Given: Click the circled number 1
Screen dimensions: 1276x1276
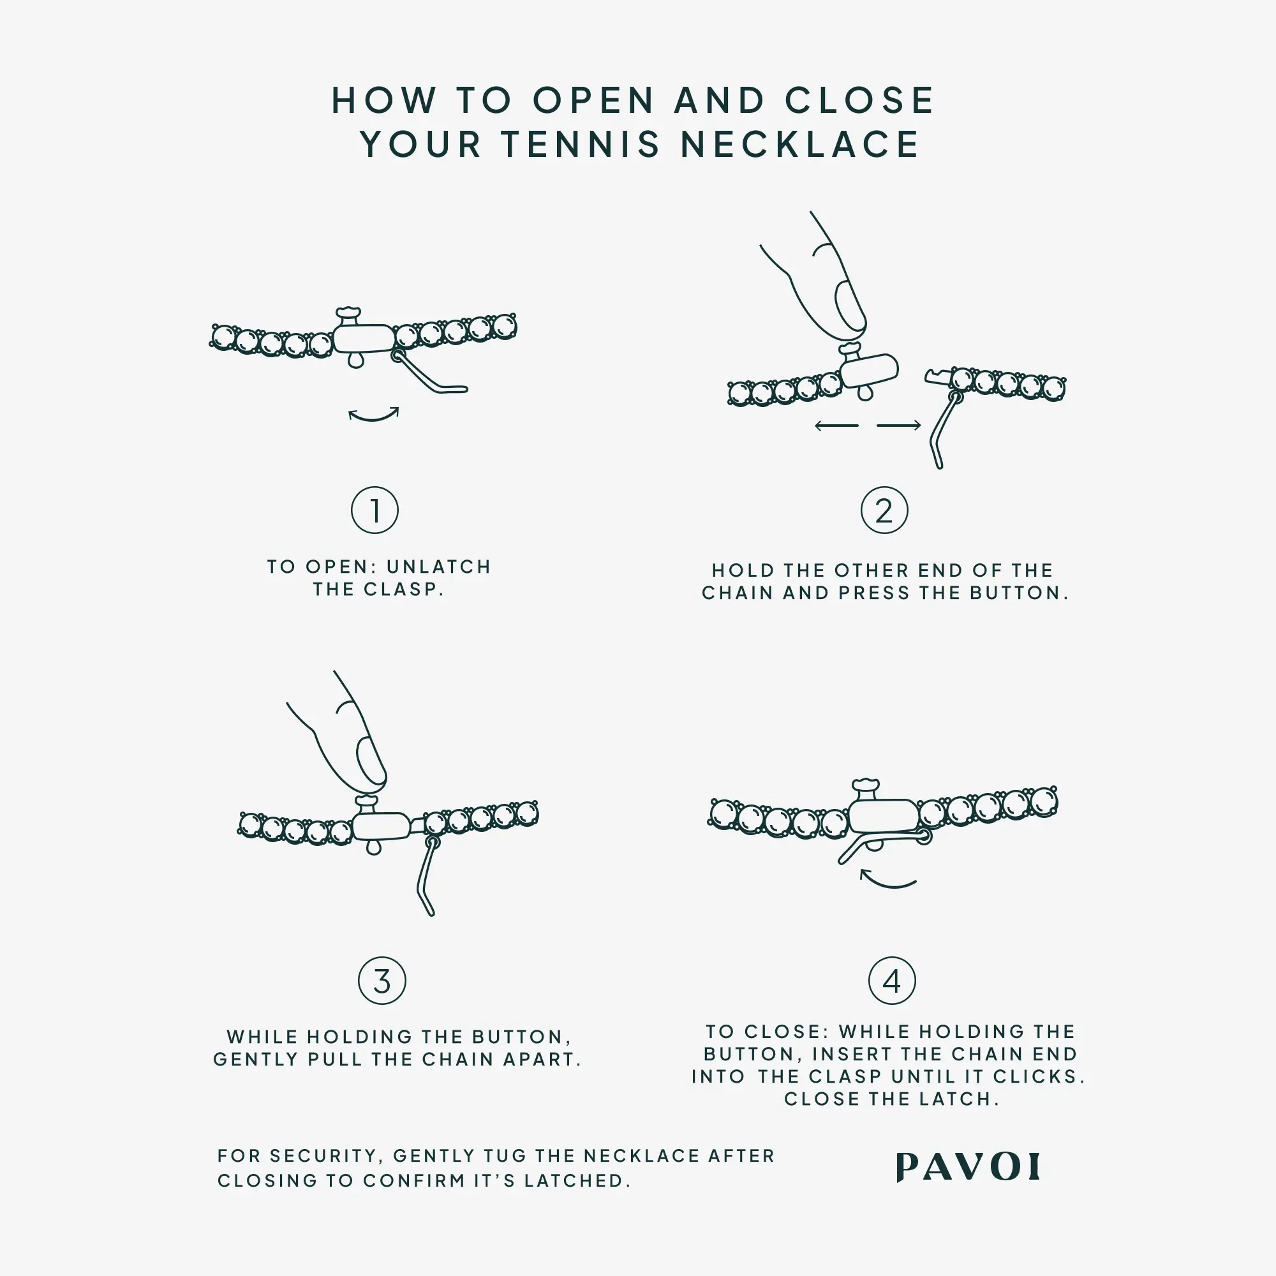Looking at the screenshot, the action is [375, 510].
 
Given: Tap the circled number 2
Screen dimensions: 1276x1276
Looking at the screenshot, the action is [884, 510].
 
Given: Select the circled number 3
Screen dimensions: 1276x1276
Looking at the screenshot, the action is [382, 981].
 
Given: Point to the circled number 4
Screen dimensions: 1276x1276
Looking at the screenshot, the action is [892, 981].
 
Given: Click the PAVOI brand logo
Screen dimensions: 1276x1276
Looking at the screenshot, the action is [968, 1167].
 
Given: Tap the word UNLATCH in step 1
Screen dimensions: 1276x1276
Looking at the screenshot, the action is [438, 567].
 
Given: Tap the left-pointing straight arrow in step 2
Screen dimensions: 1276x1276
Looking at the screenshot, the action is [836, 426].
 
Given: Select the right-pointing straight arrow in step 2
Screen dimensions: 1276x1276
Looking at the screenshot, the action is [899, 426].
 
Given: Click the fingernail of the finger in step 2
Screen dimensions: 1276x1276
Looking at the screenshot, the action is [849, 306].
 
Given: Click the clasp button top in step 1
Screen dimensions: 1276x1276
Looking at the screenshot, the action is [348, 312].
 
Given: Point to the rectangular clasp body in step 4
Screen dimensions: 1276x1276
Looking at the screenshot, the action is [883, 817].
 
